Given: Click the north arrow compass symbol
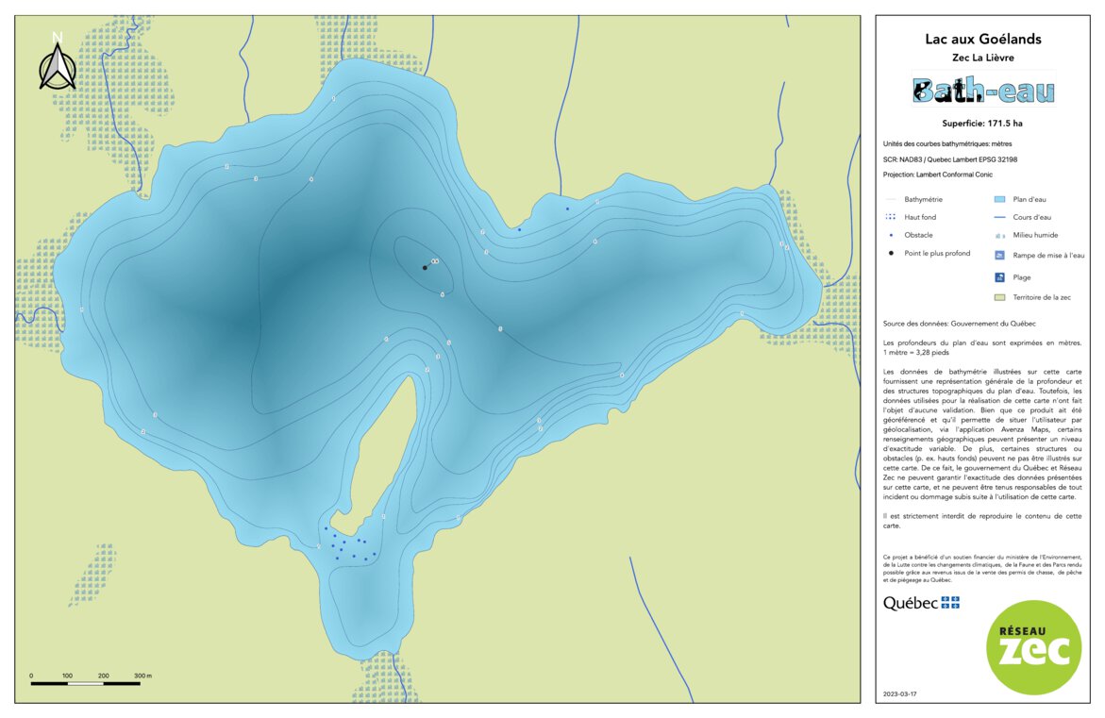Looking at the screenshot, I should point(58,63).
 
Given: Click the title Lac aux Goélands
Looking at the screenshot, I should point(983,40).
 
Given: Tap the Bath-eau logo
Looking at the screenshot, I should point(983,91).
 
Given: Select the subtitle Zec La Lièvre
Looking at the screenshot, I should point(983,58).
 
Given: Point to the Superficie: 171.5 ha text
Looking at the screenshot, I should point(982,124).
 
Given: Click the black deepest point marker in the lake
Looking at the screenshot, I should point(425,267).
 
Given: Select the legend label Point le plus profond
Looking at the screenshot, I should point(936,254).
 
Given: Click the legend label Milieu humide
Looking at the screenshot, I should point(1034,235).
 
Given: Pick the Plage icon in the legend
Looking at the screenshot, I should point(999,277).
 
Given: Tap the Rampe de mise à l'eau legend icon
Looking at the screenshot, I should point(999,255).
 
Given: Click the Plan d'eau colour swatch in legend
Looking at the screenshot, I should point(999,200).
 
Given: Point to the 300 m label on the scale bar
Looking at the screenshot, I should point(143,676).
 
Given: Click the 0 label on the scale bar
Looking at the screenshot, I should point(31,676).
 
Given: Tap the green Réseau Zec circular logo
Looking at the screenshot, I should point(1033,647).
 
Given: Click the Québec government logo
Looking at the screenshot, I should point(921,603).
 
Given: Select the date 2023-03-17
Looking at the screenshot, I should point(899,693).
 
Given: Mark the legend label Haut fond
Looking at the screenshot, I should point(920,217).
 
